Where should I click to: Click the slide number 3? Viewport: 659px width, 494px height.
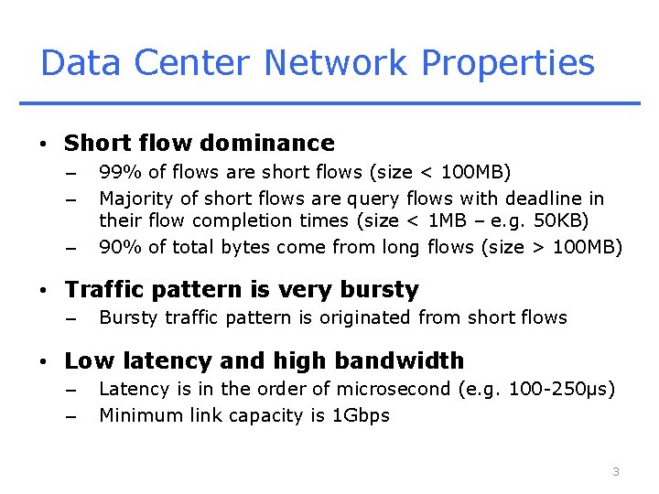pos(616,471)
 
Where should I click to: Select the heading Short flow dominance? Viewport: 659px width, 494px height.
pos(200,144)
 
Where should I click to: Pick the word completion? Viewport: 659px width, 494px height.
pos(246,220)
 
